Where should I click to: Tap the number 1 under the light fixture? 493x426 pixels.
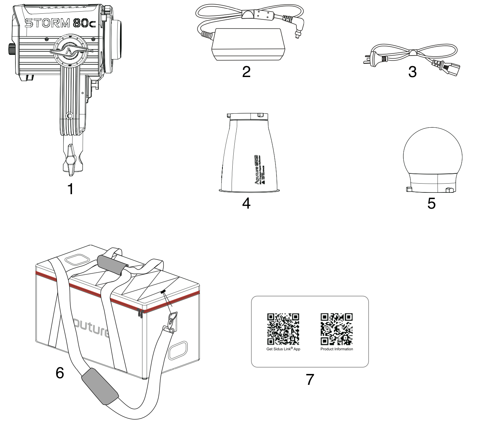70,189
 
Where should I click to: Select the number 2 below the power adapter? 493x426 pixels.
246,71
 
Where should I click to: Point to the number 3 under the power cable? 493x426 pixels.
412,72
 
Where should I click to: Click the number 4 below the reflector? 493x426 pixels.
246,203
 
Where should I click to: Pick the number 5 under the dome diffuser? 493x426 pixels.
431,203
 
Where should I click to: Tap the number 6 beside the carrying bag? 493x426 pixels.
60,373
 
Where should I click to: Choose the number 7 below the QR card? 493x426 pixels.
309,379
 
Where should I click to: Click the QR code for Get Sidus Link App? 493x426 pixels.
283,329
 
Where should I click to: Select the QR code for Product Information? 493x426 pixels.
337,329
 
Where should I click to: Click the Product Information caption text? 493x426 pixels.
337,349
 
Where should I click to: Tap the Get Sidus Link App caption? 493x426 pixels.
283,349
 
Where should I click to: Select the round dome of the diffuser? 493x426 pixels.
431,155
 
